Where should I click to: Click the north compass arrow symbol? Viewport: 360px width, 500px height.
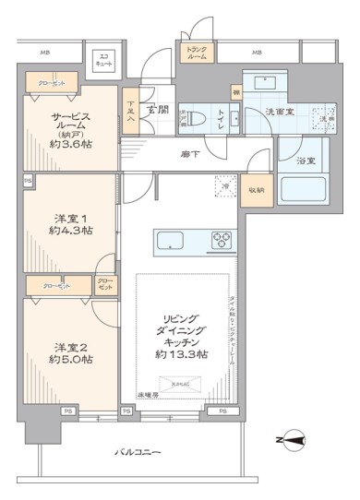click(290, 444)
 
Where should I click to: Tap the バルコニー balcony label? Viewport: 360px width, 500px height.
click(138, 452)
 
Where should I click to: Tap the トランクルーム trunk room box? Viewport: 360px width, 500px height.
click(198, 54)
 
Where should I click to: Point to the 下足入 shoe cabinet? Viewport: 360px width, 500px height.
click(132, 113)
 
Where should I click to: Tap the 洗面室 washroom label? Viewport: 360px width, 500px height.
click(281, 111)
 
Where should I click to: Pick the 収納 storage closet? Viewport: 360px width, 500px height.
click(255, 189)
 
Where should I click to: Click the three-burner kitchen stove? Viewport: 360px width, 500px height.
click(222, 239)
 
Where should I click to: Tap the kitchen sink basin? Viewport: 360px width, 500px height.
click(173, 240)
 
